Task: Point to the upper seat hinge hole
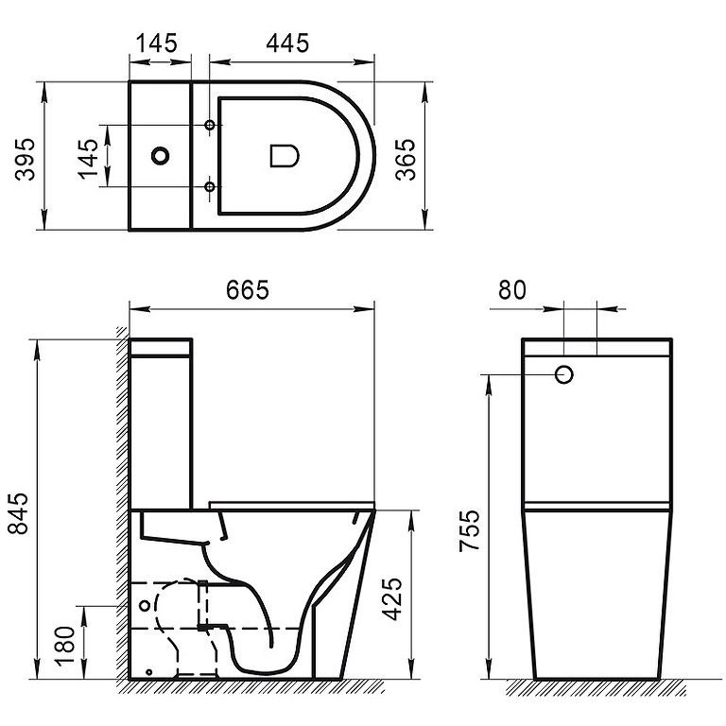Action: point(209,126)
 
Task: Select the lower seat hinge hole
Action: point(209,187)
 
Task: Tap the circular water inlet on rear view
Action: point(565,374)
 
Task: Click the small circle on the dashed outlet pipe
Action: point(144,602)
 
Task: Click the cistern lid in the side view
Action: point(161,346)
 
